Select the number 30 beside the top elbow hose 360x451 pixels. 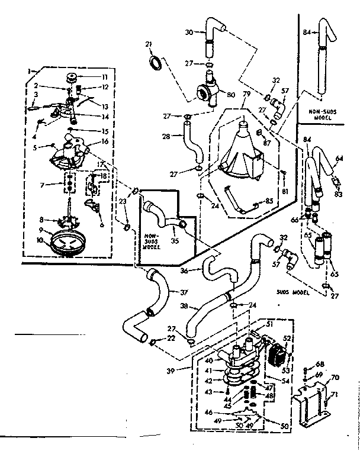tap(189, 33)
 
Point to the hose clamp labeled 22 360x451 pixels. tap(153, 340)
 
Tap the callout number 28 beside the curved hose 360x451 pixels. tap(166, 136)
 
